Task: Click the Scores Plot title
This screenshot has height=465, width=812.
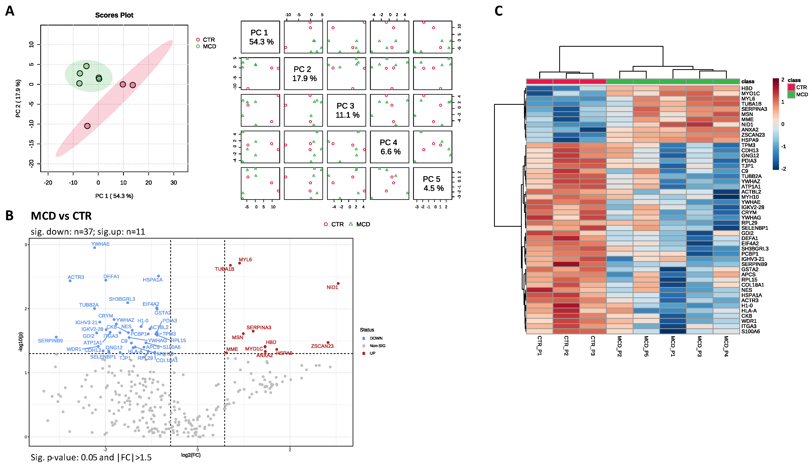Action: click(x=114, y=15)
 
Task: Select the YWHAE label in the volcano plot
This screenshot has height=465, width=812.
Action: click(x=100, y=244)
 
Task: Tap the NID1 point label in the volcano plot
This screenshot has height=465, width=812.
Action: click(x=332, y=287)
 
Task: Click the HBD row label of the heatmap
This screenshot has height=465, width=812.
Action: click(x=747, y=88)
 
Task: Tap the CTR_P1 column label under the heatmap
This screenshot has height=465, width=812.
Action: click(x=539, y=345)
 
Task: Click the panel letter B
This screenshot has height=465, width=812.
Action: click(x=10, y=216)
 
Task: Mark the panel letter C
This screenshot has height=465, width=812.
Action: click(x=498, y=11)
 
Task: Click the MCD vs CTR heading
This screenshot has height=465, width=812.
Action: click(x=61, y=216)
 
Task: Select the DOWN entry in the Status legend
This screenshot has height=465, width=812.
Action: click(x=376, y=338)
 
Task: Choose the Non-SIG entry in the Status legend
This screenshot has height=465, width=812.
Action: click(x=377, y=345)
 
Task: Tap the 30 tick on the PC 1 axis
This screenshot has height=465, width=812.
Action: click(x=173, y=183)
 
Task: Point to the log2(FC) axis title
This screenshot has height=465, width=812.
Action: click(x=191, y=455)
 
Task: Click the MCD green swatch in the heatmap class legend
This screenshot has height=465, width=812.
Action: click(x=791, y=94)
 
